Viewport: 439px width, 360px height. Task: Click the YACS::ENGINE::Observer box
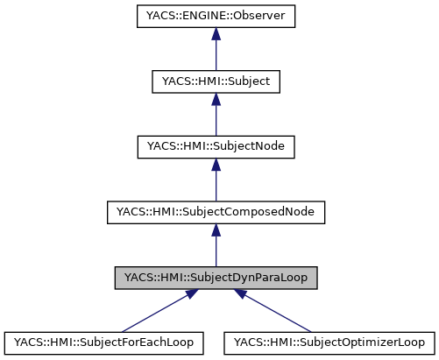(216, 16)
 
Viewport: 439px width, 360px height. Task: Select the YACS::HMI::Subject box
(216, 81)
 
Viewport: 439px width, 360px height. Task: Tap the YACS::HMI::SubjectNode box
(216, 146)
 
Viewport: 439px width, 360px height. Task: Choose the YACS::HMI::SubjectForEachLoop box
(104, 342)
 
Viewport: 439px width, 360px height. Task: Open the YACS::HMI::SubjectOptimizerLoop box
(328, 342)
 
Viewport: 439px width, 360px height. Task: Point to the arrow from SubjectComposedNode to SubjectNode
(216, 180)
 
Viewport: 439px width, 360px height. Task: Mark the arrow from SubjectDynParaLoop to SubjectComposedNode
(216, 246)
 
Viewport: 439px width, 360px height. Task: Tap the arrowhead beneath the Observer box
(216, 34)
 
